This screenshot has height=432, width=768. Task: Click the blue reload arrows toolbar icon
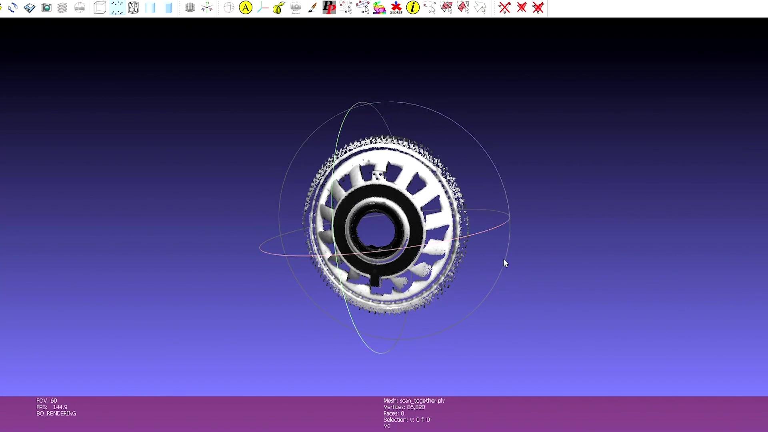[12, 8]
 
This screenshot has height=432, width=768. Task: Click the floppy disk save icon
[30, 8]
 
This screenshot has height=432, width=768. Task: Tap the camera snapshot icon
[46, 8]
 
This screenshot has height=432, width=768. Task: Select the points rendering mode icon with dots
[117, 8]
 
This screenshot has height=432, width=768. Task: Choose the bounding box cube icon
[100, 8]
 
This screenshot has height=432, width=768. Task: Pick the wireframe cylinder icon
[134, 8]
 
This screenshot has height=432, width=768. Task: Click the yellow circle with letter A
[246, 8]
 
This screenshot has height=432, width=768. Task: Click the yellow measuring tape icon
[279, 8]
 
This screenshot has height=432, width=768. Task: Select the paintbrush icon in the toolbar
[312, 8]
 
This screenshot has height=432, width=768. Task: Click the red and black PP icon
[329, 8]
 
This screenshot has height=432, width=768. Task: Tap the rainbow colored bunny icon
[379, 8]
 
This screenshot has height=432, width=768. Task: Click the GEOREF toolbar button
[396, 8]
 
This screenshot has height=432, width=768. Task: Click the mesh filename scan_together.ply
[422, 400]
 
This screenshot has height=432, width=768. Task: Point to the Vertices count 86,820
[416, 407]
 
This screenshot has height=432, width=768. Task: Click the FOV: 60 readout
[47, 400]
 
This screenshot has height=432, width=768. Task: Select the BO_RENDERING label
[56, 413]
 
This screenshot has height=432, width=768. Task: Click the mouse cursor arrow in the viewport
[506, 263]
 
